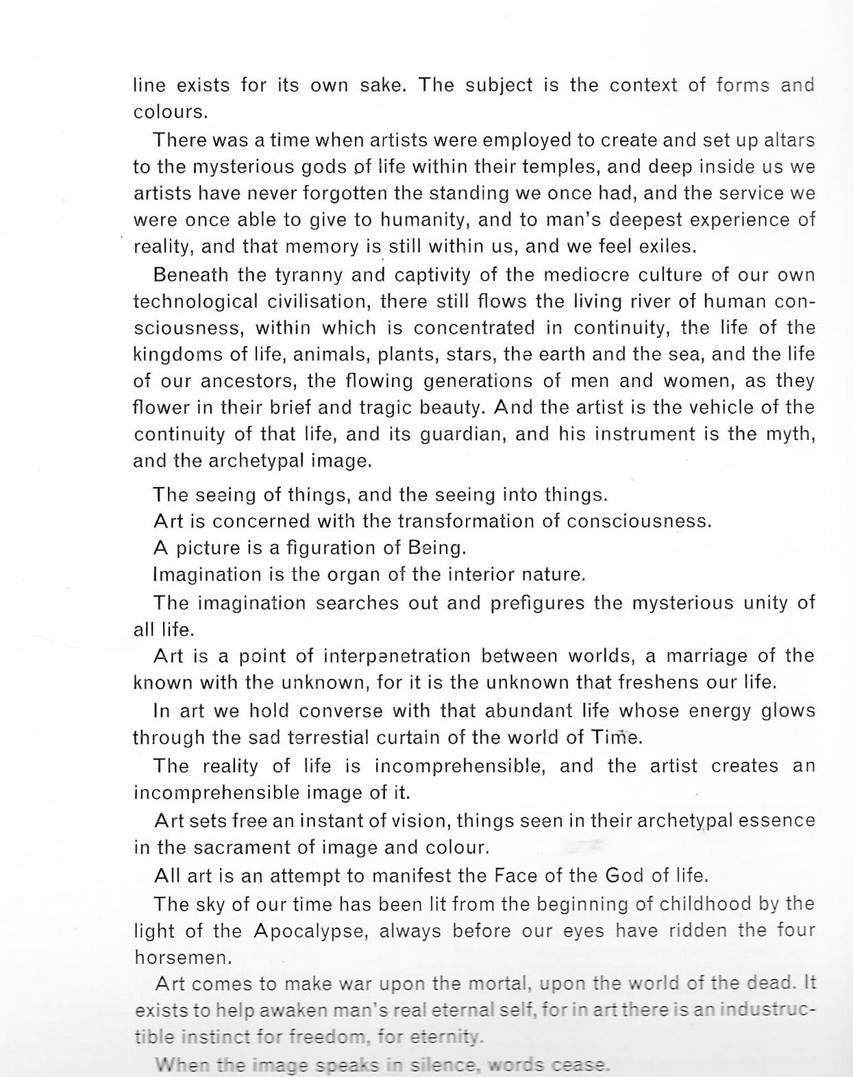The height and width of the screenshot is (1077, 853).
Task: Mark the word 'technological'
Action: [195, 301]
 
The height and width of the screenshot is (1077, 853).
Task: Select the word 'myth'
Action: [789, 434]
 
